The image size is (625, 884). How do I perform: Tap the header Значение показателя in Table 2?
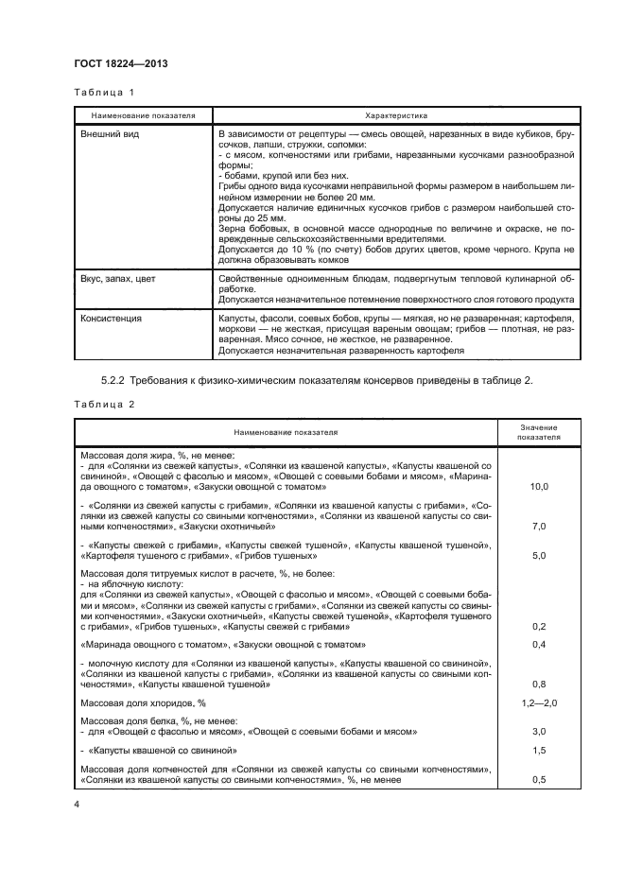(539, 432)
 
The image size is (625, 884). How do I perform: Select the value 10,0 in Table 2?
(539, 486)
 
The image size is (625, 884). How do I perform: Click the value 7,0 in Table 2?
(539, 526)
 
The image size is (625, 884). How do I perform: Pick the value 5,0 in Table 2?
(539, 556)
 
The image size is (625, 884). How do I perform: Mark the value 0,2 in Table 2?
(539, 626)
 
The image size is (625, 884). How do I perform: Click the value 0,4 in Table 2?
(539, 645)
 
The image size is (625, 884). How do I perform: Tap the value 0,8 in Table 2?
(539, 684)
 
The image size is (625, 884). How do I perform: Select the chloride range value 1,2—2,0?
(539, 704)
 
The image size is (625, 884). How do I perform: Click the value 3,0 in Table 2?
(539, 732)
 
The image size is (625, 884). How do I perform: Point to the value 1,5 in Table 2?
(539, 751)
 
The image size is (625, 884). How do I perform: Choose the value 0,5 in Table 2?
(539, 780)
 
